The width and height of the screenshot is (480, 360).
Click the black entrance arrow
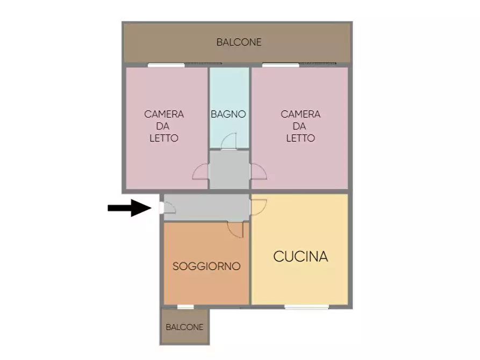point(129,207)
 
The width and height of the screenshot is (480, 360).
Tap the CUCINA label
point(300,257)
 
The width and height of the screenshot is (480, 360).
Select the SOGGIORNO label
point(206,267)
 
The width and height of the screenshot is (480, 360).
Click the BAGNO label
point(228,114)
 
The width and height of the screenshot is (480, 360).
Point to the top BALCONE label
point(239,42)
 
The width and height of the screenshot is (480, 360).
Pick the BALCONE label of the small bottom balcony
point(184,327)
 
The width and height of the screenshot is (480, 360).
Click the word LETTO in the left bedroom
point(164,138)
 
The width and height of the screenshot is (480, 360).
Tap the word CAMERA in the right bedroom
point(300,114)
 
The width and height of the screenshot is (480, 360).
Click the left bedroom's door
point(202,171)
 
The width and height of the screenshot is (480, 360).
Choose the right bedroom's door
point(258,171)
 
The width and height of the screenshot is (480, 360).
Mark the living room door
point(235,229)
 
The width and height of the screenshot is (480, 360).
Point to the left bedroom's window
point(166,65)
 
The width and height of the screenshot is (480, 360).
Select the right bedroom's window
point(281,65)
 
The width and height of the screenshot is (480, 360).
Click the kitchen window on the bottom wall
point(306,307)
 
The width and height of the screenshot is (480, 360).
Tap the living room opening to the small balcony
point(185,307)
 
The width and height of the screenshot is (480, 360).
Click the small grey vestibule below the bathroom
point(229,170)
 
